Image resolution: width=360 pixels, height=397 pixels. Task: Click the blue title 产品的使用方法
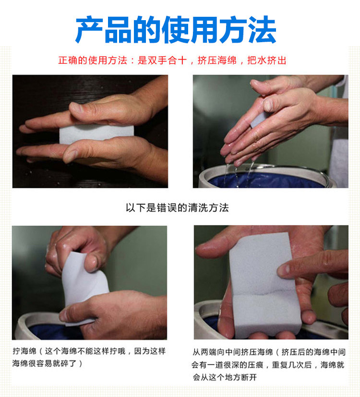pos(176,30)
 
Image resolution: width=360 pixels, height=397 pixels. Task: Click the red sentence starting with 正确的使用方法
pos(172,60)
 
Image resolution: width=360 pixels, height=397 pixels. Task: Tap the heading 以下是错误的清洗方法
pos(177,208)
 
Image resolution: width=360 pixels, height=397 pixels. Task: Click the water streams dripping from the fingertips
pos(238,175)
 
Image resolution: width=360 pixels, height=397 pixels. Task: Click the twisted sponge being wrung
pos(84,283)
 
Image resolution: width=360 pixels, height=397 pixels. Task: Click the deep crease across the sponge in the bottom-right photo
pos(264,293)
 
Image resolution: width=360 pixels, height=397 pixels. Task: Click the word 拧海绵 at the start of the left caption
pos(24,351)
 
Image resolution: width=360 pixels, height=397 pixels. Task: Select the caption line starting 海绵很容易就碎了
pos(48,363)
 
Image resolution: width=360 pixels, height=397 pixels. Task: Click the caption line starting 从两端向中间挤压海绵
pos(269,352)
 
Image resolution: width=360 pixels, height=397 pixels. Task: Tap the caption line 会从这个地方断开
pos(225,377)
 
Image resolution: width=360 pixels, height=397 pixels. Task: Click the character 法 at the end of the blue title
pos(262,30)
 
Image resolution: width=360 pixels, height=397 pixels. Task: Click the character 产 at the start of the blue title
pos(89,30)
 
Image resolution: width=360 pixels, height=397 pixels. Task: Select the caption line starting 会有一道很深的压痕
pos(268,365)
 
